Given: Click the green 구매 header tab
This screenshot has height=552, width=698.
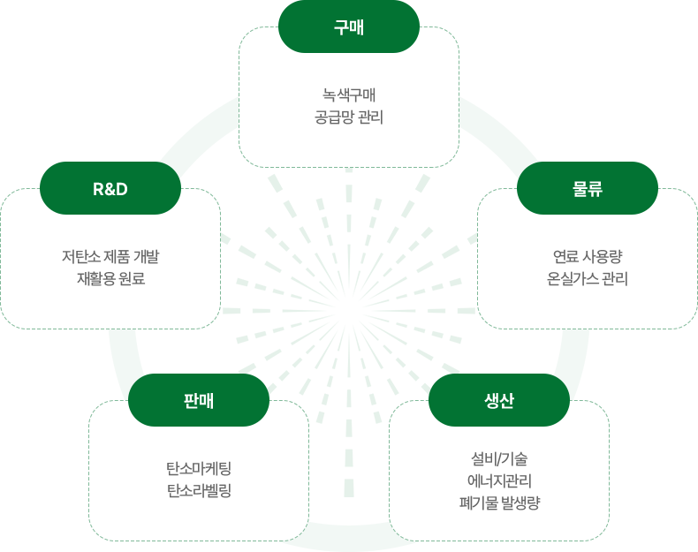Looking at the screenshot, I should [x=348, y=26].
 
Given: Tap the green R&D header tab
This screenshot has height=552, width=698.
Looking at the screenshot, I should [x=110, y=188].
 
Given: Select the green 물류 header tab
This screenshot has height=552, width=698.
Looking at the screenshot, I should [x=588, y=188].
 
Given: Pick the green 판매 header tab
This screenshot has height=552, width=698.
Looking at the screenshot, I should [x=199, y=400].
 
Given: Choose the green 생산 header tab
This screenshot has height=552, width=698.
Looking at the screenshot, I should [x=499, y=400].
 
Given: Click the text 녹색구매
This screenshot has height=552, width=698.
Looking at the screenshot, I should [x=349, y=95].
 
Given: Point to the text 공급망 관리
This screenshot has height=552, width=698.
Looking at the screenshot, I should [x=349, y=117].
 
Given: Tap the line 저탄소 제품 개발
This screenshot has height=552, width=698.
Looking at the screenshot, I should [x=110, y=257].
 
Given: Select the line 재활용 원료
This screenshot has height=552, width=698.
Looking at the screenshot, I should [x=110, y=279].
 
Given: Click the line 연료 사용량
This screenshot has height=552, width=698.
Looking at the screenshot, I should [x=588, y=257].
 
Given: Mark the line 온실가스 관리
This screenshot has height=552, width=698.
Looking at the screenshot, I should [x=588, y=279].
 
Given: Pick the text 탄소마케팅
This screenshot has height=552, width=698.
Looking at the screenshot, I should [x=199, y=468].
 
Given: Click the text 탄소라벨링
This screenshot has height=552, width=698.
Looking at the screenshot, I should [x=199, y=490].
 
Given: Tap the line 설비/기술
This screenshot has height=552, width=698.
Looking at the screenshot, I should [x=499, y=459].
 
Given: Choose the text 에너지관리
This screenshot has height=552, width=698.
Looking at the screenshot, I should [x=499, y=481].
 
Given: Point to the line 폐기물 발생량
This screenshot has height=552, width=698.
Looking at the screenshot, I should [x=499, y=503].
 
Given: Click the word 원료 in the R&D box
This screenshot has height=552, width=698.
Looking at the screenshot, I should [x=130, y=279].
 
